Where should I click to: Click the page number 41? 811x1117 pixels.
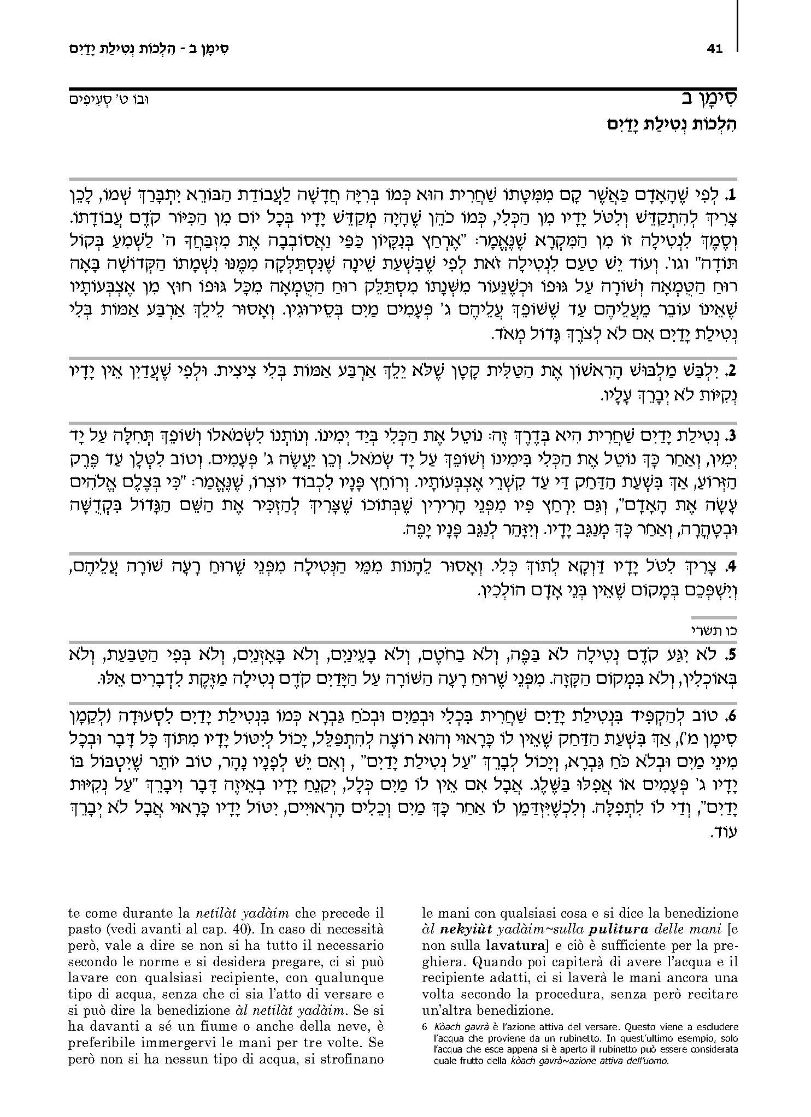pyautogui.click(x=714, y=49)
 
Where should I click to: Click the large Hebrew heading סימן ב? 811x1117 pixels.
pyautogui.click(x=707, y=99)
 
